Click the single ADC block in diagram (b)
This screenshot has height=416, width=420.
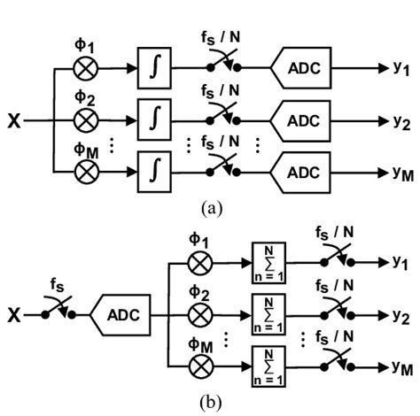point(124,314)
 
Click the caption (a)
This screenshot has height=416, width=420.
point(209,207)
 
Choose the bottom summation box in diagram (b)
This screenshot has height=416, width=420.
point(266,363)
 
